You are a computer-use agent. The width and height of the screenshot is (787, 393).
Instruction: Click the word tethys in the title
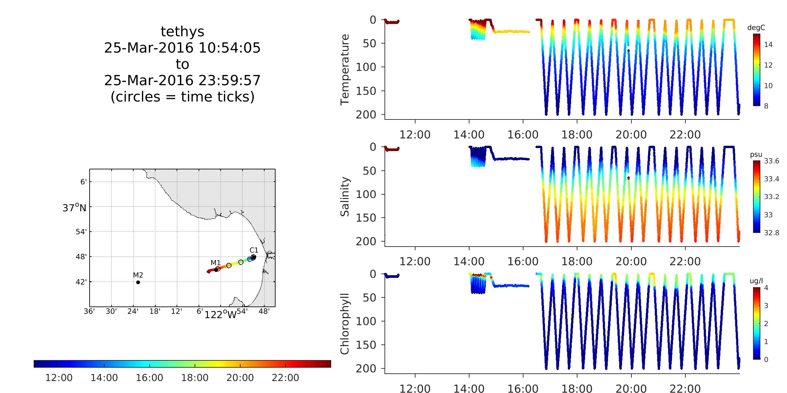(182, 32)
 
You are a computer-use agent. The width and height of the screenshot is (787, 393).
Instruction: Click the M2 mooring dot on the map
(138, 283)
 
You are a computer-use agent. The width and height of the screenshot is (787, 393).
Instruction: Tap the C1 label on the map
(254, 250)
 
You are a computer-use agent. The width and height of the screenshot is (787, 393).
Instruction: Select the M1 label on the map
(216, 263)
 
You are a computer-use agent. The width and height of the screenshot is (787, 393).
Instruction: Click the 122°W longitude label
(220, 314)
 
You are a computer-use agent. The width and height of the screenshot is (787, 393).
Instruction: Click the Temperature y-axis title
(345, 70)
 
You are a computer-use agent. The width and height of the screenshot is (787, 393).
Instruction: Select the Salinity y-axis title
(345, 197)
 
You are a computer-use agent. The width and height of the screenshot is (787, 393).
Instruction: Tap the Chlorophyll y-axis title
(345, 324)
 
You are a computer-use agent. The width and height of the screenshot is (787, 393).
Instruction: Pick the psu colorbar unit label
(756, 155)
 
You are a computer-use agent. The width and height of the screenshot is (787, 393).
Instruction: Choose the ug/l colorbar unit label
(756, 281)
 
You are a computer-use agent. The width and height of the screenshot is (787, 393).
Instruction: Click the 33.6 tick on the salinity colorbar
(771, 161)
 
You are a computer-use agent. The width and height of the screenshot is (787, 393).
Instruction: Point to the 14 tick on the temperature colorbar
(768, 45)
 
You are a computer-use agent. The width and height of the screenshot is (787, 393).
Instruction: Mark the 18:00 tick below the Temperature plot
(577, 135)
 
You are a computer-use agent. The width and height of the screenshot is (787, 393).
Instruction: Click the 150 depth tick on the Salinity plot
(366, 218)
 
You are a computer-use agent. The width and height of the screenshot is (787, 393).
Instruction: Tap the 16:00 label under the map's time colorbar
(149, 378)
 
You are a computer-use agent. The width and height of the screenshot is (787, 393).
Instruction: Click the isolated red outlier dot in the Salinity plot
(628, 178)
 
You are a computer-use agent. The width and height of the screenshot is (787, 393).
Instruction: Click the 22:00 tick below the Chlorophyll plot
(685, 389)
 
